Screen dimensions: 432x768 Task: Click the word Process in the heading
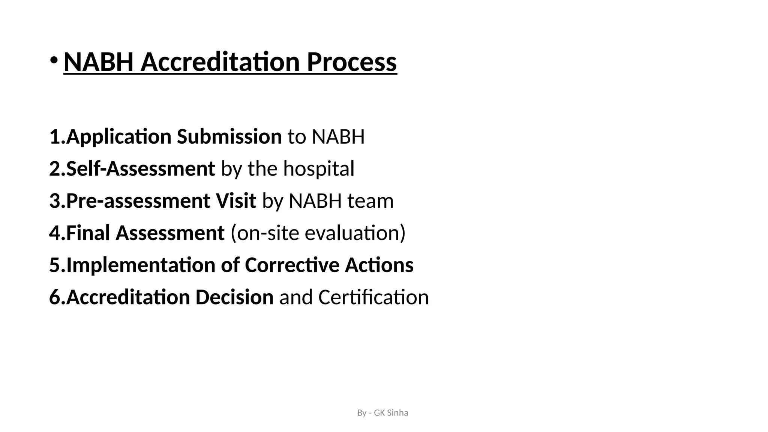coord(352,62)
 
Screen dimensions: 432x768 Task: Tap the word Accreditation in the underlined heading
coord(220,62)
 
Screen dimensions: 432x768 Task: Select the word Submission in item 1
coord(229,136)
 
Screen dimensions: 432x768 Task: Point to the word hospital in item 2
coord(318,169)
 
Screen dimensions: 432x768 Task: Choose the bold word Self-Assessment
coord(141,169)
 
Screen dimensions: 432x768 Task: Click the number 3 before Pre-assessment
coord(55,201)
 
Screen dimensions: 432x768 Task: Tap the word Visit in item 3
coord(235,201)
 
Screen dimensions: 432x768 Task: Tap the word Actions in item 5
coord(379,265)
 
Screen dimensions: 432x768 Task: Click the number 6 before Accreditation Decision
coord(55,297)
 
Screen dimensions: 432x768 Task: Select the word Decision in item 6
coord(234,297)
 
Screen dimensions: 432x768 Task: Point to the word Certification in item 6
coord(373,297)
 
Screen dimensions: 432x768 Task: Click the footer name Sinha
coord(397,413)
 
